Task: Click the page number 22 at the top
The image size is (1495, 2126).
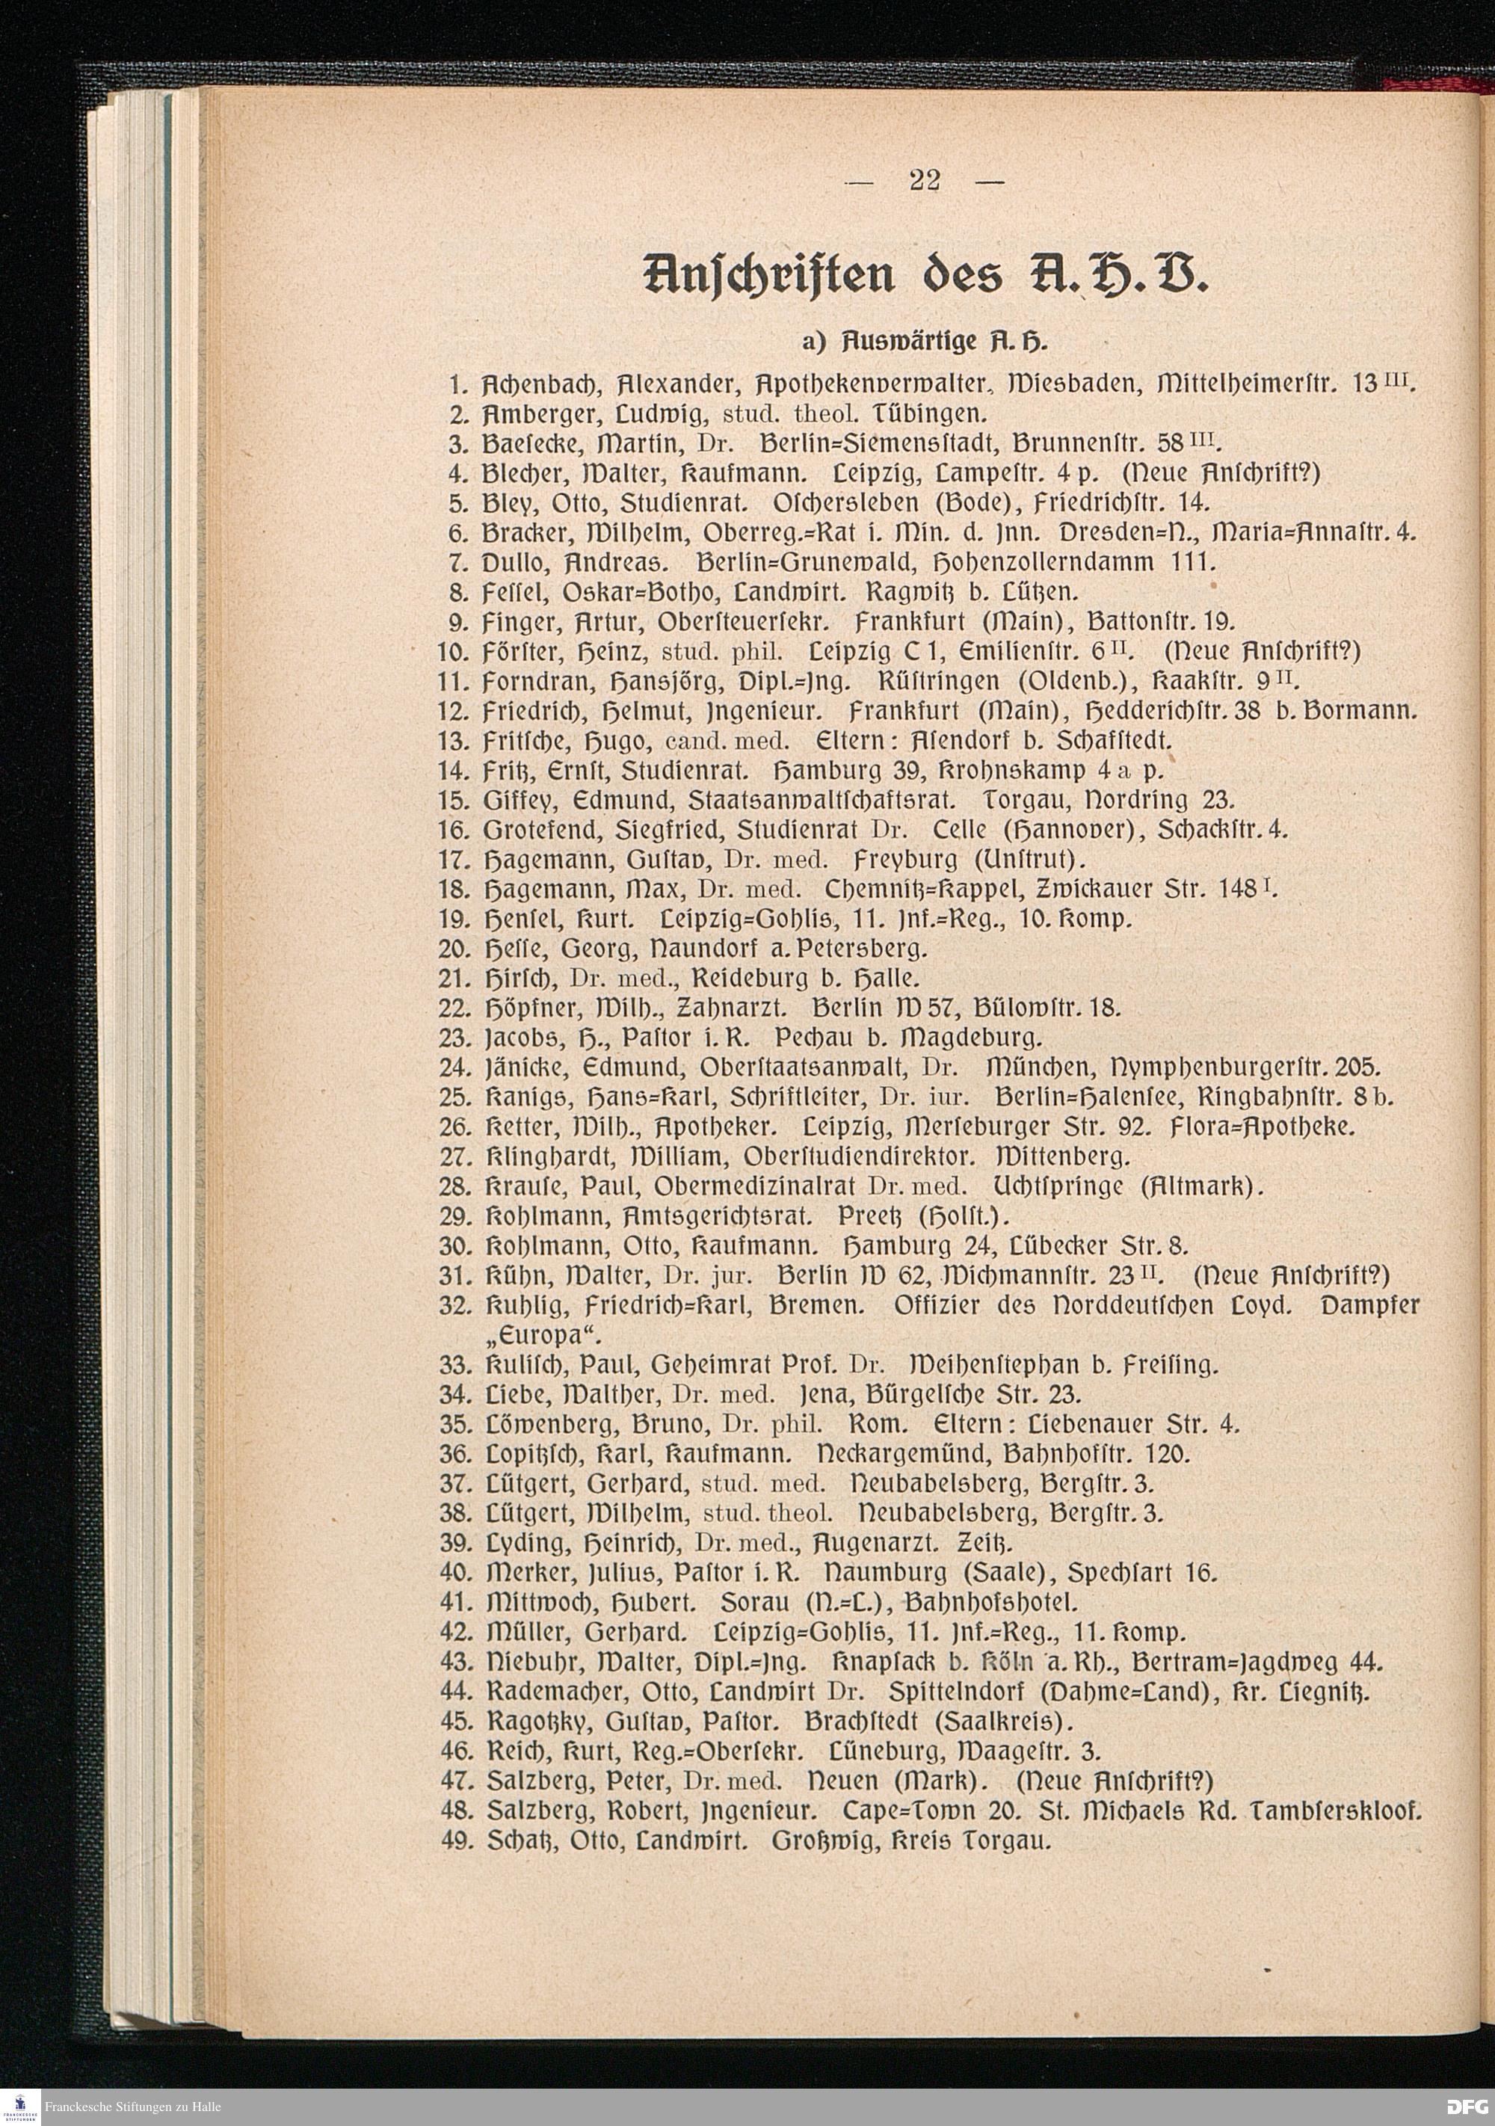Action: [925, 179]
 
